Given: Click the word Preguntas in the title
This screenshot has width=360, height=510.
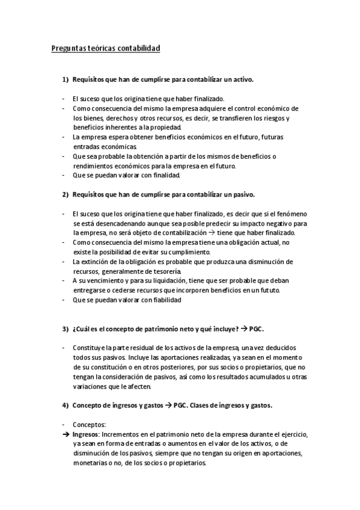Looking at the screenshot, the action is [x=68, y=48].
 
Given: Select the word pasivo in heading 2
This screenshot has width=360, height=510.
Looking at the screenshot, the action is [x=243, y=194].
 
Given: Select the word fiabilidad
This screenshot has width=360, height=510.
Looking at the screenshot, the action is [x=164, y=300].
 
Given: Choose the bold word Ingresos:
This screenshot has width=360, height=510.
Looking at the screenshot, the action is [x=86, y=434].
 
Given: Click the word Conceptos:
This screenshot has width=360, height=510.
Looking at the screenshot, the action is [x=89, y=425].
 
